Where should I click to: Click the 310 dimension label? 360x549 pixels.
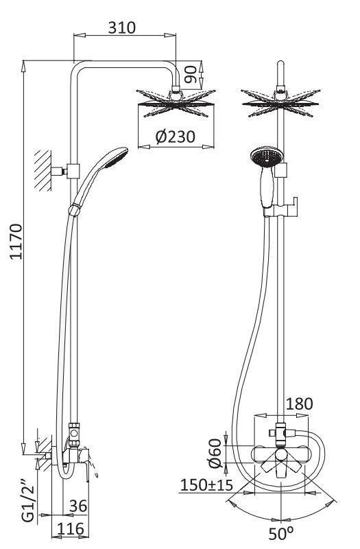pyautogui.click(x=122, y=27)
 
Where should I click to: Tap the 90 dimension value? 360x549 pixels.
pyautogui.click(x=191, y=75)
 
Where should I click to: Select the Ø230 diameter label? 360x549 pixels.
pyautogui.click(x=176, y=137)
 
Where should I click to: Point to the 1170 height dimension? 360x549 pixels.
pyautogui.click(x=16, y=242)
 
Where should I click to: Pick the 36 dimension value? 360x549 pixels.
pyautogui.click(x=78, y=506)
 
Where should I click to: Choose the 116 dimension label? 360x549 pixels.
pyautogui.click(x=71, y=528)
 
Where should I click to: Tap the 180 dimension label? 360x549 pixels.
pyautogui.click(x=300, y=404)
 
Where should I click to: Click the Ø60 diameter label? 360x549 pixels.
pyautogui.click(x=215, y=454)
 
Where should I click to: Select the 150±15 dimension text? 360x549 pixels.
pyautogui.click(x=206, y=485)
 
